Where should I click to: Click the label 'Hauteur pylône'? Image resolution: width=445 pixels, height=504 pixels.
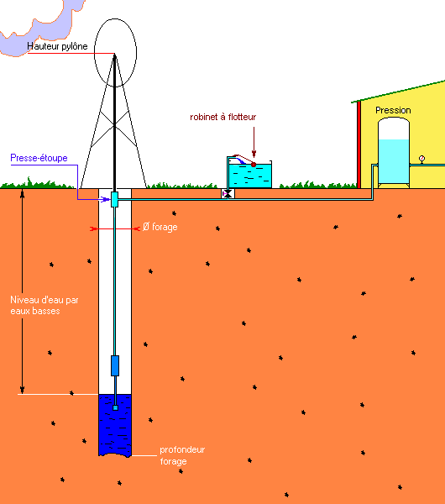point(57,46)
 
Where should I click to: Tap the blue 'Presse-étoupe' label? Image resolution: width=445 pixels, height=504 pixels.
point(39,158)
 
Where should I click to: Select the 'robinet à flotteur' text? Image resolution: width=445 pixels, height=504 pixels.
point(223,117)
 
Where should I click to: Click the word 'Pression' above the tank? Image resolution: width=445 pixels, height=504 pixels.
point(393,110)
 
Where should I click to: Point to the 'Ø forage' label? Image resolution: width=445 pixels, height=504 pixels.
point(160,227)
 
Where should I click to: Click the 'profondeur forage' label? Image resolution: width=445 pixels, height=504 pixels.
point(182,455)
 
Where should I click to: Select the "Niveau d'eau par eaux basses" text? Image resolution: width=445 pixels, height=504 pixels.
point(44,306)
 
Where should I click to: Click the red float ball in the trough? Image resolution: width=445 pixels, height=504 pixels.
point(254,165)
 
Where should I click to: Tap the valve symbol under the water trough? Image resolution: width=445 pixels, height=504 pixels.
point(228,193)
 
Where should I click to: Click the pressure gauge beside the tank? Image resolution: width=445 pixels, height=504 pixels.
point(421,159)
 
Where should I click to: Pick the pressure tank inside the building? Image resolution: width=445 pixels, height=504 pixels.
point(394,152)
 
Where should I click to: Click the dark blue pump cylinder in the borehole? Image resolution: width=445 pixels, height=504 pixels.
point(115,365)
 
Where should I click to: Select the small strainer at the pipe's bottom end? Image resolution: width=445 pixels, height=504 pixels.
point(115,408)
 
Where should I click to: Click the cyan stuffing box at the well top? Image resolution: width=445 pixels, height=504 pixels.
point(114,199)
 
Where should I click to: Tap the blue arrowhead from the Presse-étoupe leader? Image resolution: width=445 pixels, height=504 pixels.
point(107,200)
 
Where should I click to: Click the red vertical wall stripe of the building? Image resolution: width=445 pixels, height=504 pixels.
point(359,144)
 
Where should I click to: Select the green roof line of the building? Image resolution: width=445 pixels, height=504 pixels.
point(398,92)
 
